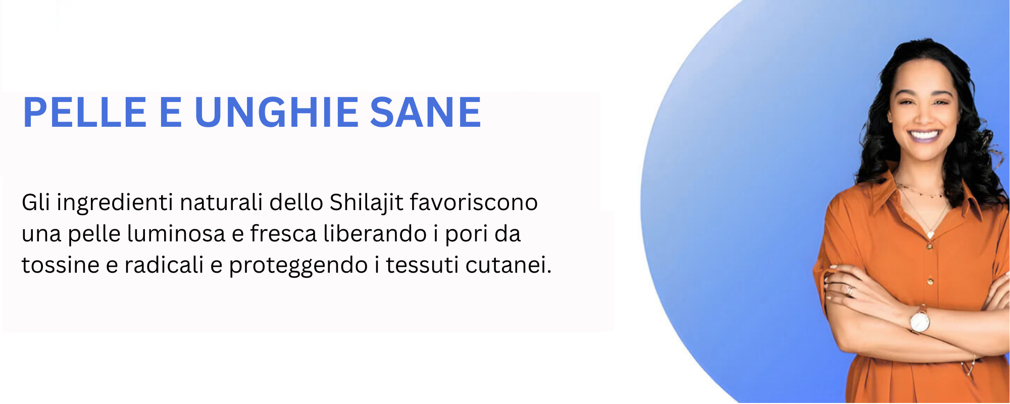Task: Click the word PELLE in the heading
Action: [85, 112]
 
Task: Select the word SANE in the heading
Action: [426, 112]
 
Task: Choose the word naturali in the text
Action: [221, 203]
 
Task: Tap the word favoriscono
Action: [474, 203]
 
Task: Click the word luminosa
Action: [176, 234]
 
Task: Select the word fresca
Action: [283, 234]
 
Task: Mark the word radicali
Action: [164, 265]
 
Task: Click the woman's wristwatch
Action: [920, 321]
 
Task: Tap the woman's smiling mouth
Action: [924, 135]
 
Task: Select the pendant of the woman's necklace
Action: [930, 234]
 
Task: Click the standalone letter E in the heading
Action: [170, 112]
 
